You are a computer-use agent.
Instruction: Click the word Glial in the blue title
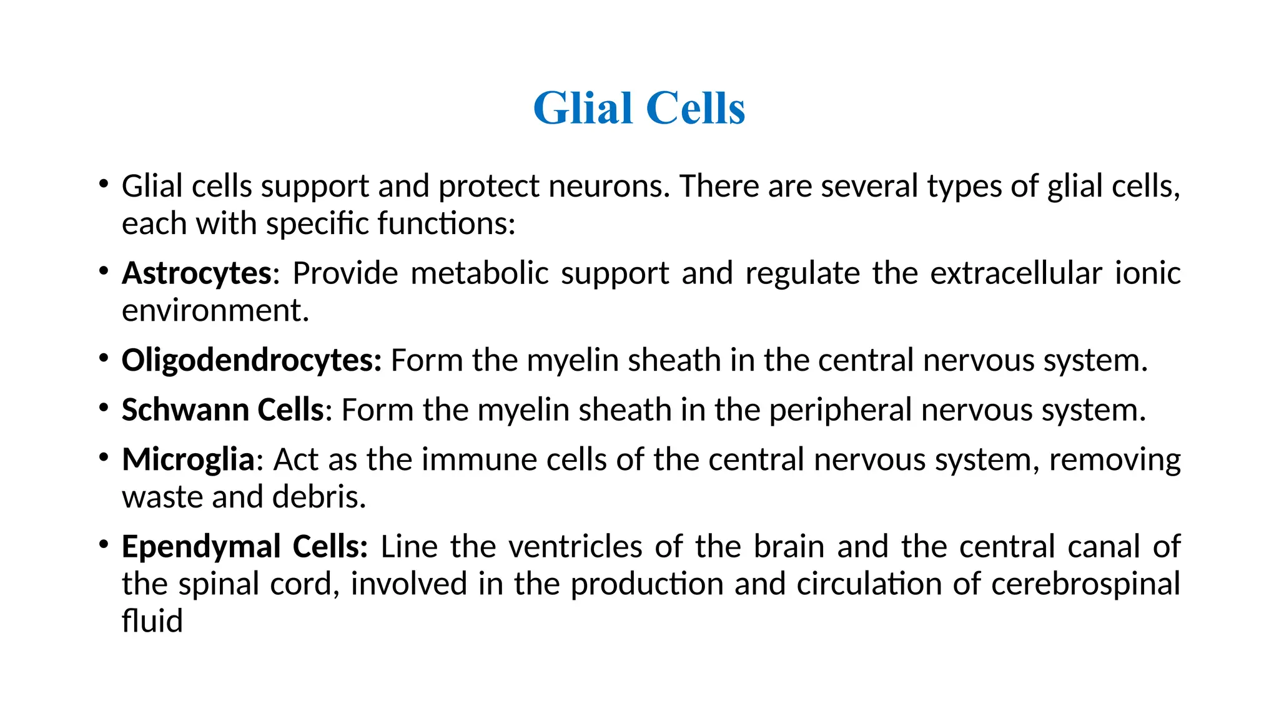(583, 109)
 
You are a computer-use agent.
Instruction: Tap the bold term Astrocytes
(197, 273)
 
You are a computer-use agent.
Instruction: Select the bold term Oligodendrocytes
(250, 361)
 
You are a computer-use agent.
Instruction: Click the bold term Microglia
(188, 460)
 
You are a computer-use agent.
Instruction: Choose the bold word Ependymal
(201, 547)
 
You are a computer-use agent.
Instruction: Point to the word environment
(215, 311)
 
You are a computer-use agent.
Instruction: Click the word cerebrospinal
(1085, 584)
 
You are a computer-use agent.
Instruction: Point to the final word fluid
(152, 622)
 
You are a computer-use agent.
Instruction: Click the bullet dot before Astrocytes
(104, 270)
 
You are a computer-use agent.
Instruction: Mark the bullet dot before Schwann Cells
(104, 408)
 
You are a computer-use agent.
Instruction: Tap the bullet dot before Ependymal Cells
(104, 544)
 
